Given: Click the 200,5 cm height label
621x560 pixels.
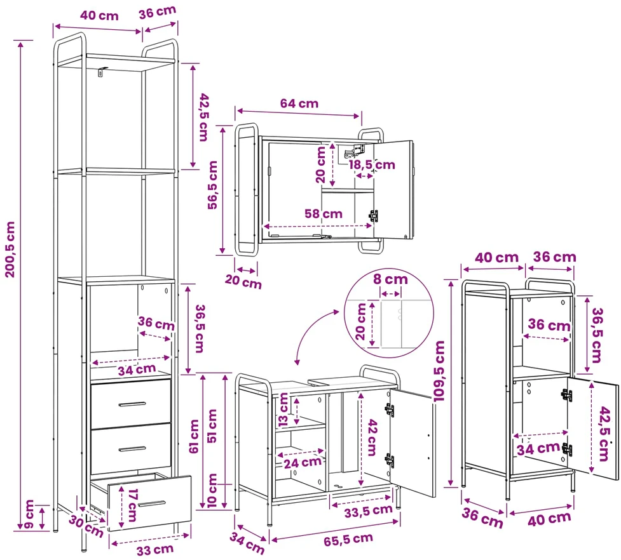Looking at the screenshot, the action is pyautogui.click(x=10, y=249).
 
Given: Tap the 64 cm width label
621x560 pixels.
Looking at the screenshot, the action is pyautogui.click(x=299, y=103).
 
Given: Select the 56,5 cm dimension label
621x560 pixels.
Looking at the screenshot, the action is pyautogui.click(x=213, y=185).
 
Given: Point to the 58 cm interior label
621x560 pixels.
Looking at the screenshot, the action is pyautogui.click(x=323, y=213).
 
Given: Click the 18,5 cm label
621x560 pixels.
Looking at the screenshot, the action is pyautogui.click(x=372, y=164).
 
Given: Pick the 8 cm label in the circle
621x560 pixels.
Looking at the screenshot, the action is pyautogui.click(x=390, y=279).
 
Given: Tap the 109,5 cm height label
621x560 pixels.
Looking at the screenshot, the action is pyautogui.click(x=440, y=371).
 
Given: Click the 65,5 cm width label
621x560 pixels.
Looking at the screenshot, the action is pyautogui.click(x=348, y=540).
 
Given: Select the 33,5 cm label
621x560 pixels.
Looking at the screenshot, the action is pyautogui.click(x=368, y=511).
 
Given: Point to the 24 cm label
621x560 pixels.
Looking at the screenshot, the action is pyautogui.click(x=302, y=462).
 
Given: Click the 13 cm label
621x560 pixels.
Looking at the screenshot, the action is pyautogui.click(x=283, y=410).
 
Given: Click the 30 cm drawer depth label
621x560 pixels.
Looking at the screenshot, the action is pyautogui.click(x=86, y=526).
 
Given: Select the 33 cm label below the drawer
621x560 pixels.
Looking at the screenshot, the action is pyautogui.click(x=155, y=550).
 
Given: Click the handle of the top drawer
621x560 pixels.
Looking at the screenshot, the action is pyautogui.click(x=132, y=404).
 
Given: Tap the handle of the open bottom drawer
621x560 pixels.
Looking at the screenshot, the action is pyautogui.click(x=152, y=504).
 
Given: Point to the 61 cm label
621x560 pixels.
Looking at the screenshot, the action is pyautogui.click(x=194, y=436).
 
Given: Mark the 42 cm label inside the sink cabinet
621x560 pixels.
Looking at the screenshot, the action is pyautogui.click(x=372, y=437).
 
